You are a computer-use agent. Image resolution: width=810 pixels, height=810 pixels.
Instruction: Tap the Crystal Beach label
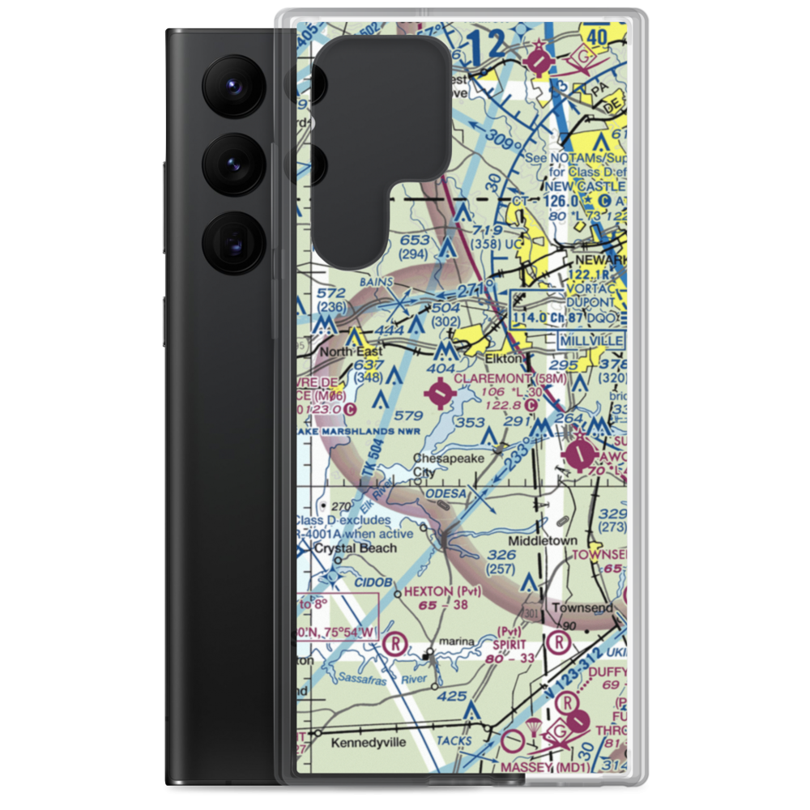click(356, 548)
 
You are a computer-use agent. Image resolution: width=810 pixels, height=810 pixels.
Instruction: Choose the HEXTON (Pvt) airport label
click(443, 591)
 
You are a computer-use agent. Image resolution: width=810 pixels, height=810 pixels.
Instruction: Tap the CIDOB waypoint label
click(373, 582)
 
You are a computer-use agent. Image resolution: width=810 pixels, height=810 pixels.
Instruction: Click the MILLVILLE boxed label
click(591, 341)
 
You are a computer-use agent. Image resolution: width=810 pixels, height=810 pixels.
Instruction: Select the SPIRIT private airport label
click(511, 645)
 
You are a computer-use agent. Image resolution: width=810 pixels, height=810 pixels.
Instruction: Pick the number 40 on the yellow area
click(620, 36)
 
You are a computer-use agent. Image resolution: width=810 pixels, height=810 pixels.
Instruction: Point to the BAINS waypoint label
click(377, 282)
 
